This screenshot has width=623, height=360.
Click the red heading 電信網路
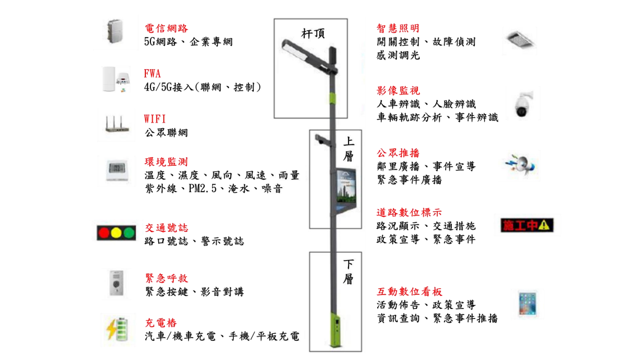[x=166, y=28]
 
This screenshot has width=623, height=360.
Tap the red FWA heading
[x=152, y=74]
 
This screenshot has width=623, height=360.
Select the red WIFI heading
[x=154, y=119]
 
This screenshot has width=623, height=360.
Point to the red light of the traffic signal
[x=104, y=233]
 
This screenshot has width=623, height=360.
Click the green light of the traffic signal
[x=129, y=233]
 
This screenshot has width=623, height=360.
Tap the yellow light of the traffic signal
[x=116, y=233]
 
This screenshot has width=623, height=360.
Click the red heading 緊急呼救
[x=166, y=278]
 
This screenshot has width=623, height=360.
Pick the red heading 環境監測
[x=166, y=162]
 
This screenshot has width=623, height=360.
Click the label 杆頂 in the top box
[x=313, y=33]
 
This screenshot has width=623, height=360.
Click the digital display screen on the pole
[x=346, y=188]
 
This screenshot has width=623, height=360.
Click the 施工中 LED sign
[x=527, y=225]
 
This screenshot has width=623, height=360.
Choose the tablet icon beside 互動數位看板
[x=528, y=303]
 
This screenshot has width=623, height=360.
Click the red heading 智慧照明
[x=398, y=28]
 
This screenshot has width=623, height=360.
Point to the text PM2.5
[x=203, y=188]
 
